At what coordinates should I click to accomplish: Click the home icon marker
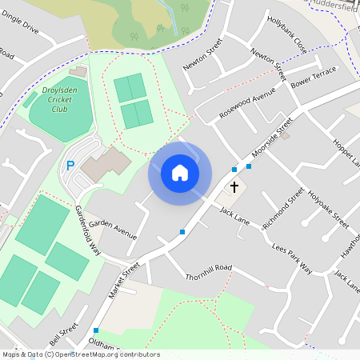pyautogui.click(x=180, y=172)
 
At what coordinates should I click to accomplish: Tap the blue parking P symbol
pyautogui.click(x=70, y=166)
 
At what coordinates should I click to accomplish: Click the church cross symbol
pyautogui.click(x=234, y=187)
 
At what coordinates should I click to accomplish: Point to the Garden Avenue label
pyautogui.click(x=113, y=227)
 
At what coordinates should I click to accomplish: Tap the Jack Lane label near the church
pyautogui.click(x=235, y=214)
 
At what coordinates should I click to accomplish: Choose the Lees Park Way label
pyautogui.click(x=291, y=258)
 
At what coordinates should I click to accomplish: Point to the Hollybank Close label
pyautogui.click(x=287, y=34)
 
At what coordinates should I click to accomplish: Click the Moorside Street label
pyautogui.click(x=273, y=140)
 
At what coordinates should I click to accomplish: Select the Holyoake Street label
pyautogui.click(x=329, y=207)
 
